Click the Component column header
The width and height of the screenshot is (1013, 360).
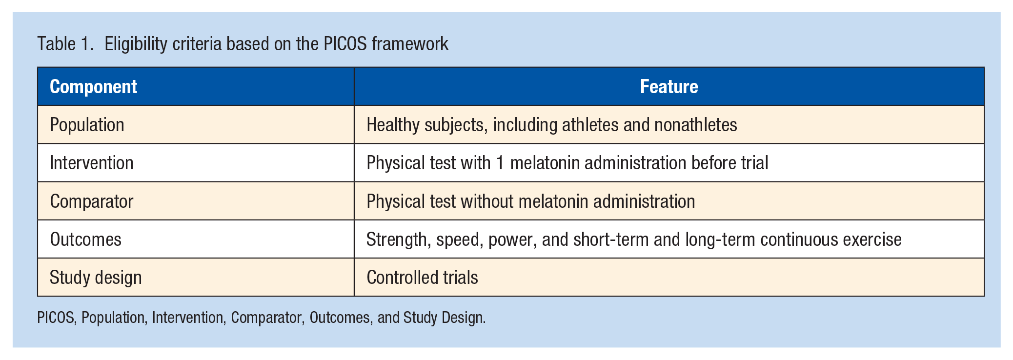pyautogui.click(x=93, y=87)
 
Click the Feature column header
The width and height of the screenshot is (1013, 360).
pyautogui.click(x=669, y=87)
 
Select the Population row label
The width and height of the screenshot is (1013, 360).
pyautogui.click(x=87, y=125)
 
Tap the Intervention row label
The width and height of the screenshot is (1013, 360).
pyautogui.click(x=92, y=163)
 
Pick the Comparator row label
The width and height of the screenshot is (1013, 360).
pyautogui.click(x=92, y=201)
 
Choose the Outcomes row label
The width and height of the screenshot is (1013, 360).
pyautogui.click(x=85, y=240)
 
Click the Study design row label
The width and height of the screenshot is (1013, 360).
pyautogui.click(x=96, y=278)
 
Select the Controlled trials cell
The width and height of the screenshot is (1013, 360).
pyautogui.click(x=422, y=278)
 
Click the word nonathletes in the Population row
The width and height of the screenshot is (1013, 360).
pyautogui.click(x=695, y=125)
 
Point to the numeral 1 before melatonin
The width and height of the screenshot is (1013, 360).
pyautogui.click(x=500, y=163)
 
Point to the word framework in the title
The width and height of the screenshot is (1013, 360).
pyautogui.click(x=410, y=44)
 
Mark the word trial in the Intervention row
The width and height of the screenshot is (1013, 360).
pyautogui.click(x=755, y=163)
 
